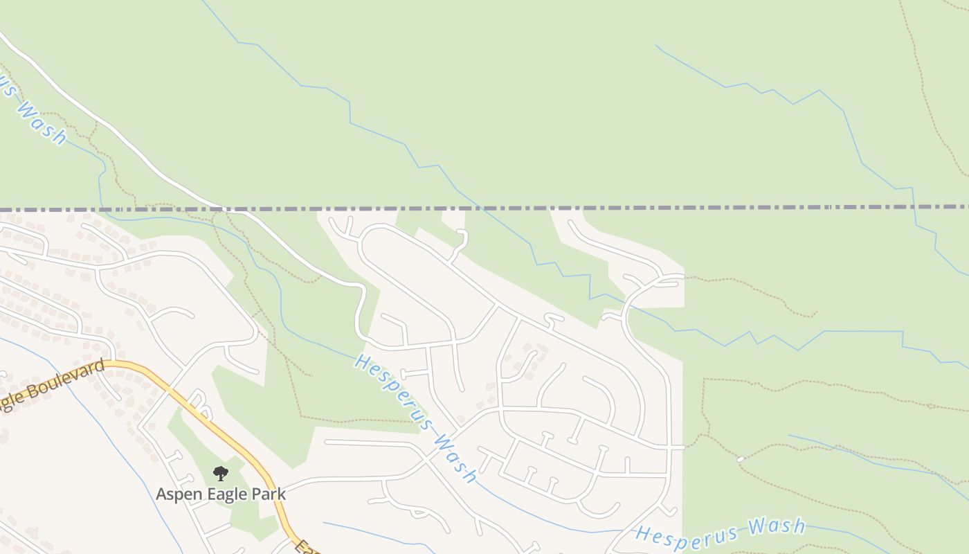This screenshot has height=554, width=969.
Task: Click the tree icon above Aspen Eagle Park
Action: pyautogui.click(x=221, y=474)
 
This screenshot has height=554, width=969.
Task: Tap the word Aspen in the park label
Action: pyautogui.click(x=179, y=494)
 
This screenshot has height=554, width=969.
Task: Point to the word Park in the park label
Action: pyautogui.click(x=268, y=494)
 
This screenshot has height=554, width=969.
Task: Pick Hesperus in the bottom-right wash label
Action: pyautogui.click(x=685, y=534)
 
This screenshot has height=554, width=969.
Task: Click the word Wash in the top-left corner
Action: pyautogui.click(x=42, y=123)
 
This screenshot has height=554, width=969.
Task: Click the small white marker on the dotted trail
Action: pyautogui.click(x=740, y=459)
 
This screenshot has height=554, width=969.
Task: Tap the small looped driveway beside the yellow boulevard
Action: pyautogui.click(x=197, y=400)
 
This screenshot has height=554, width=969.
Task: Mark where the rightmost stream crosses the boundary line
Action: pyautogui.click(x=914, y=207)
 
